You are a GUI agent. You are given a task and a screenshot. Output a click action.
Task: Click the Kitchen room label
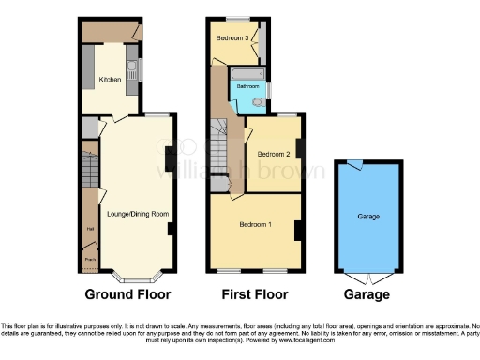pos(112,80)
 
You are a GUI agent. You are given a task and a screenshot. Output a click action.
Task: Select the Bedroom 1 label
pos(255,225)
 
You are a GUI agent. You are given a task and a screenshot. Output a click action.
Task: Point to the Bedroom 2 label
pos(273,154)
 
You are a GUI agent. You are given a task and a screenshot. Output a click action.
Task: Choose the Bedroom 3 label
pos(232,38)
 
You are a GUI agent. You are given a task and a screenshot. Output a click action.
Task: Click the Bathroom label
pos(247,85)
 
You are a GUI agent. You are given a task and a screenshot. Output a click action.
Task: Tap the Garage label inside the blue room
pos(367,217)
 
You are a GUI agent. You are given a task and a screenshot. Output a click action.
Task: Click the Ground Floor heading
pos(127,294)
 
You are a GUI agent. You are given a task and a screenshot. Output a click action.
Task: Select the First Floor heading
pos(256,294)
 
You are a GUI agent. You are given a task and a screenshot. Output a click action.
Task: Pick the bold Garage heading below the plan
pos(367,294)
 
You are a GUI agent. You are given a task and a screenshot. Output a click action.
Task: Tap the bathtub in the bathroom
pos(247,73)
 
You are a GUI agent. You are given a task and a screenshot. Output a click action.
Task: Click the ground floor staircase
pos(89,169)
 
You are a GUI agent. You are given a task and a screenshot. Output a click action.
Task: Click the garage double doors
pos(367,278)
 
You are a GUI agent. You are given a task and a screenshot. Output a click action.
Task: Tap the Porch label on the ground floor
pos(90,259)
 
